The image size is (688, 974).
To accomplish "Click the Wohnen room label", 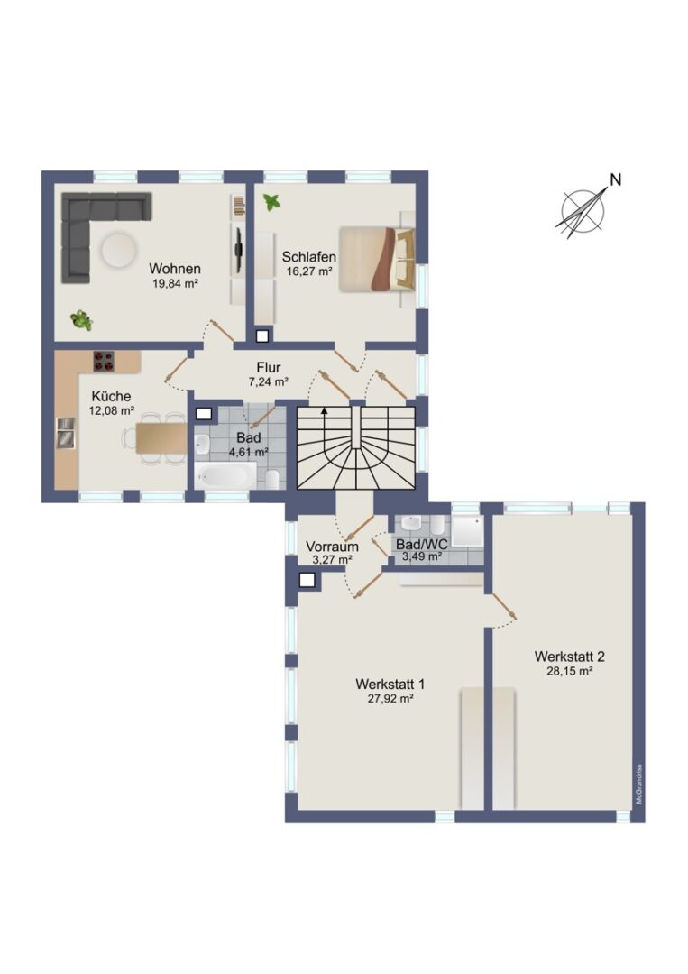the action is click(x=175, y=269).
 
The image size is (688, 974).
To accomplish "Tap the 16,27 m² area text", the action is click(x=309, y=271).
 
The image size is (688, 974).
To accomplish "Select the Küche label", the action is click(x=111, y=396).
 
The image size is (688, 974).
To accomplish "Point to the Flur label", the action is click(x=268, y=368).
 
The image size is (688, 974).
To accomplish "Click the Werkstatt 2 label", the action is click(x=569, y=656).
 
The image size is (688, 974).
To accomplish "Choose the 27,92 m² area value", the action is click(x=390, y=698).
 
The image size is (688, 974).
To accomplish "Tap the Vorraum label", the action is click(x=332, y=547).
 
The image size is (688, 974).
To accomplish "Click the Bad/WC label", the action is click(x=422, y=545).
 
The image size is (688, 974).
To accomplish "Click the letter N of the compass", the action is click(x=615, y=180).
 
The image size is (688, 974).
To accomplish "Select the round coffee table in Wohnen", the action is click(x=119, y=250).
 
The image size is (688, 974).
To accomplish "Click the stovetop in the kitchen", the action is click(x=104, y=362).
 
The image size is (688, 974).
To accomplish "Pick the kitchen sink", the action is click(x=65, y=432).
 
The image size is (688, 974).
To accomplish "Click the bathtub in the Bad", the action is click(x=225, y=476).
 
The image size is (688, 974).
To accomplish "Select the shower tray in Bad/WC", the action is click(x=467, y=531).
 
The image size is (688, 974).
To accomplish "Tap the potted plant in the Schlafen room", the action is click(x=271, y=202).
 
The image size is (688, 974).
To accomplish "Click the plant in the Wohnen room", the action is click(x=82, y=320).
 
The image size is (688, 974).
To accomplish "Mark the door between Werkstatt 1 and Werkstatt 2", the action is click(x=504, y=608).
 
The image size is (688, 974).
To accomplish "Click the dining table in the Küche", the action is click(x=161, y=438).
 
